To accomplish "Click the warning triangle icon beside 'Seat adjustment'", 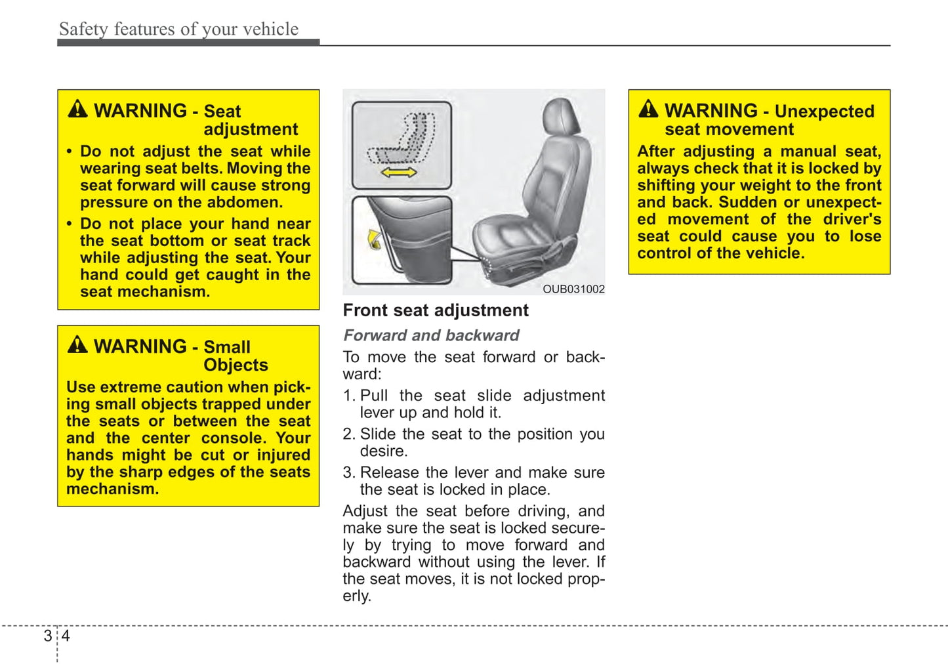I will pos(77,109).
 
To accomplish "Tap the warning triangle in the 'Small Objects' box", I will pos(77,344).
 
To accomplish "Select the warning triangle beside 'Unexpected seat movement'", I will pos(648,109).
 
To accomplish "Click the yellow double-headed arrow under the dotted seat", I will pos(398,173).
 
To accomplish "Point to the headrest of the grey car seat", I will pos(562,117).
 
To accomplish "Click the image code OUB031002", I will pos(573,289).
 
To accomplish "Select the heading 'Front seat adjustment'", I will pos(436,310).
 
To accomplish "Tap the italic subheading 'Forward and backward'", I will pos(431,335).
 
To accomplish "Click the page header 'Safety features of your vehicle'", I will pos(178,29).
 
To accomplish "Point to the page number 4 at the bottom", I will pos(66,636).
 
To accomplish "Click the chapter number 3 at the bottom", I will pos(48,636).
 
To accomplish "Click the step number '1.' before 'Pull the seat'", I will pos(349,396).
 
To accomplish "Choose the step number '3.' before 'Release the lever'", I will pos(349,472).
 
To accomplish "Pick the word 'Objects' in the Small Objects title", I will pos(236,365).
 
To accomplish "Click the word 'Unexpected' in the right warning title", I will pos(824,111).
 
